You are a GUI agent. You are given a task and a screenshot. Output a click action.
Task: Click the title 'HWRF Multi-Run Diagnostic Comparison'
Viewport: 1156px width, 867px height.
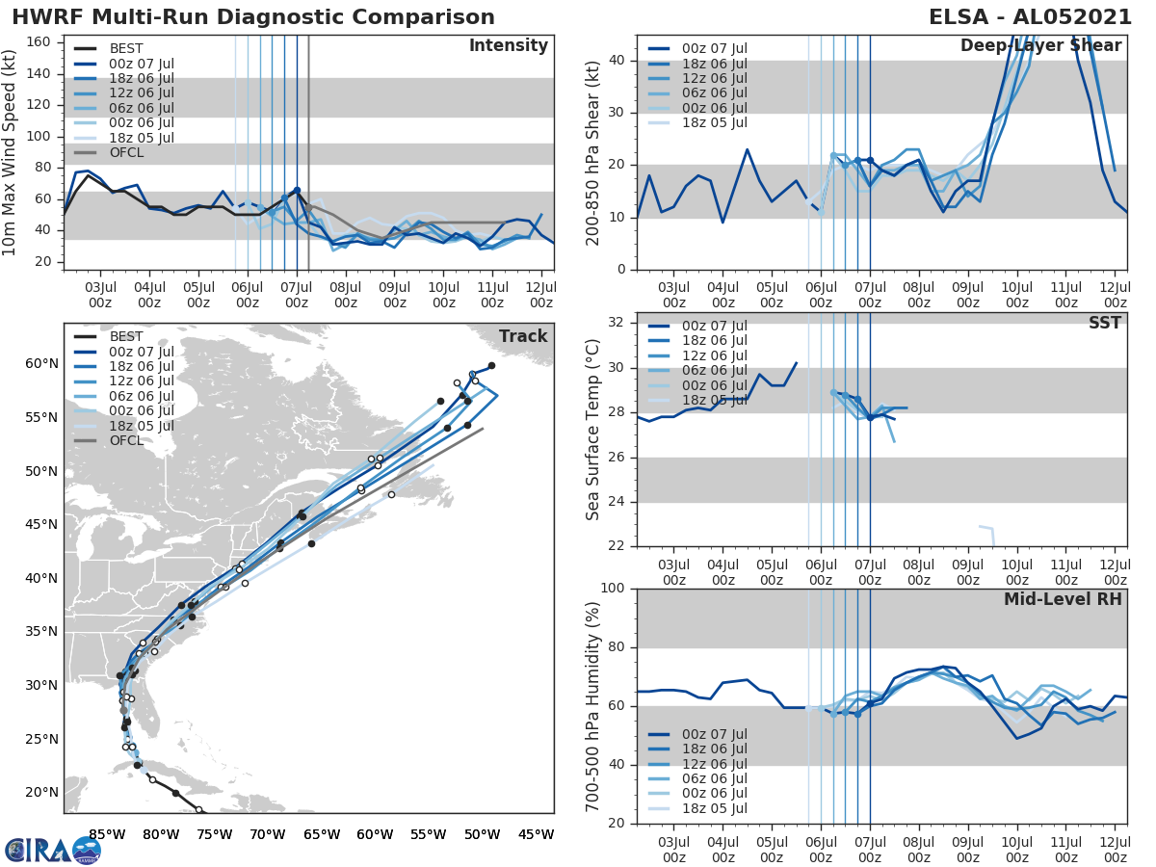click(253, 17)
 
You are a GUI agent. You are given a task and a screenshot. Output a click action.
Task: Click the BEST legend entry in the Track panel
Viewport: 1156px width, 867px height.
click(126, 337)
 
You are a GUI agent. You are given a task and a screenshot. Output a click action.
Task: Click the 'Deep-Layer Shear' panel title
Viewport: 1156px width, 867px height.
click(1040, 46)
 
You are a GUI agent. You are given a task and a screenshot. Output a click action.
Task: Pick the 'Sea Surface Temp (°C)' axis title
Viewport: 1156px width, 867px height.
click(593, 431)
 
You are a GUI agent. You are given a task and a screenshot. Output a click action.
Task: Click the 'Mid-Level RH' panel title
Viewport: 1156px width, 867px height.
click(1062, 600)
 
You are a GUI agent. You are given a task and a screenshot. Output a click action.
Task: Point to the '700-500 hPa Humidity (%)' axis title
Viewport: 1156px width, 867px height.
click(593, 706)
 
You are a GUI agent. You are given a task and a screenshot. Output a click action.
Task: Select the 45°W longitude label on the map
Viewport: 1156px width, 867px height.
click(536, 834)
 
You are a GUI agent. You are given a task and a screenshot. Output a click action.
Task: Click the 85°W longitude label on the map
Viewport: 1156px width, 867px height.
click(106, 834)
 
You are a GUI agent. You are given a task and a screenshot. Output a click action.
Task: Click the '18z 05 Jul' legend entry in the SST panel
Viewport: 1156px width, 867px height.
click(713, 400)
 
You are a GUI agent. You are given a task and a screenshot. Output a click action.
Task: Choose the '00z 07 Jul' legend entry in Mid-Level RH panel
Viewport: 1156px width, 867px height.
click(713, 735)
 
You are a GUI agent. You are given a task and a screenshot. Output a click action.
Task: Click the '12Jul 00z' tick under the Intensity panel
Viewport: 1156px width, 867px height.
click(541, 294)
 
